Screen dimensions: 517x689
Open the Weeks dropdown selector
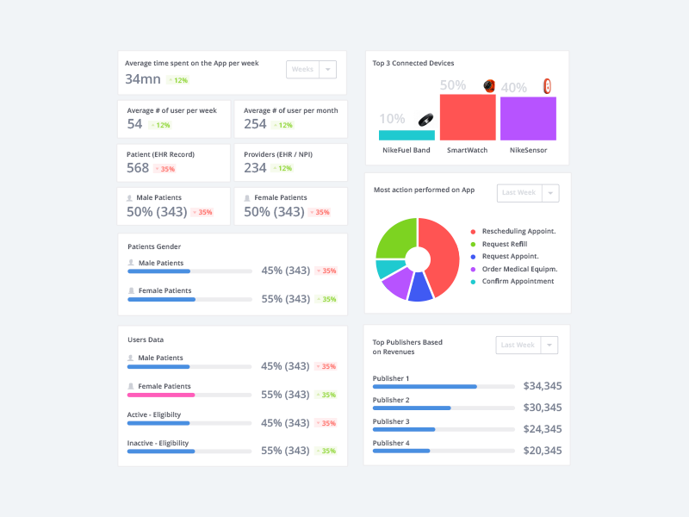311,70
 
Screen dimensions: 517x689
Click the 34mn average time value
143,79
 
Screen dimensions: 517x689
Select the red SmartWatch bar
468,117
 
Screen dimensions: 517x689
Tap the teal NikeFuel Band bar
407,135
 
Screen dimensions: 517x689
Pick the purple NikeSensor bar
528,119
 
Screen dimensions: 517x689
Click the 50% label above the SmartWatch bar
453,85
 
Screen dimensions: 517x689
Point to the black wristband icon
425,121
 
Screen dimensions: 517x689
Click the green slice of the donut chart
395,238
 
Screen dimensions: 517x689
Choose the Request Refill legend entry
504,244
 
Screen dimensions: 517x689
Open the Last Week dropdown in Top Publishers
527,346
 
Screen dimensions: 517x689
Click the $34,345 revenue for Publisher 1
543,386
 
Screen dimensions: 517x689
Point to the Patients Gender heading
154,246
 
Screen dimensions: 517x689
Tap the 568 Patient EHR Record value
138,168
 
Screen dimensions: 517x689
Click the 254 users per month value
255,124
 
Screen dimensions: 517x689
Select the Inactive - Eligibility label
158,443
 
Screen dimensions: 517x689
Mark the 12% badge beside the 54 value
160,125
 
